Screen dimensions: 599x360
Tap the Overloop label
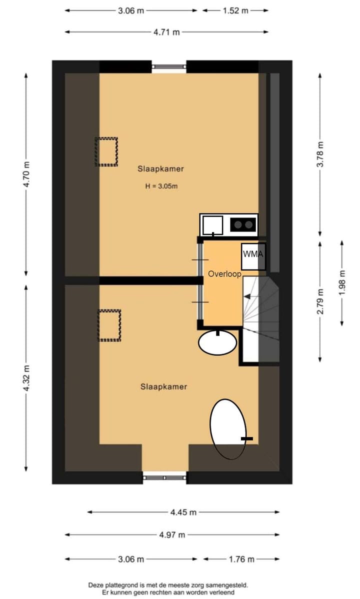click(x=225, y=274)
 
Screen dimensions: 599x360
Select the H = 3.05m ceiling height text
click(x=161, y=186)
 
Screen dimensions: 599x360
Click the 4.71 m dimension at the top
click(x=166, y=32)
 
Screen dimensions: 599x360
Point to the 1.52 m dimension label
click(x=235, y=10)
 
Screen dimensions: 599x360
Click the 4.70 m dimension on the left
click(x=27, y=173)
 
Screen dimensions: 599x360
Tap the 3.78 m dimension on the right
click(x=320, y=155)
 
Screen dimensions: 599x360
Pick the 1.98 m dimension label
click(x=342, y=283)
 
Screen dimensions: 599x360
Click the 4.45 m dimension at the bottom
click(x=183, y=512)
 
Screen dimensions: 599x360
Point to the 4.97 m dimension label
click(x=171, y=535)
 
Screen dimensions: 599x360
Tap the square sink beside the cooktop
click(x=213, y=225)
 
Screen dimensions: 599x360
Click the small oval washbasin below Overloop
click(x=217, y=342)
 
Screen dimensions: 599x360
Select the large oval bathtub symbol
click(x=228, y=428)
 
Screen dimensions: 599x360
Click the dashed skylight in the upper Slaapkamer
click(x=106, y=152)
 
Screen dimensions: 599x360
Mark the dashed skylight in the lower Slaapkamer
click(x=109, y=325)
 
